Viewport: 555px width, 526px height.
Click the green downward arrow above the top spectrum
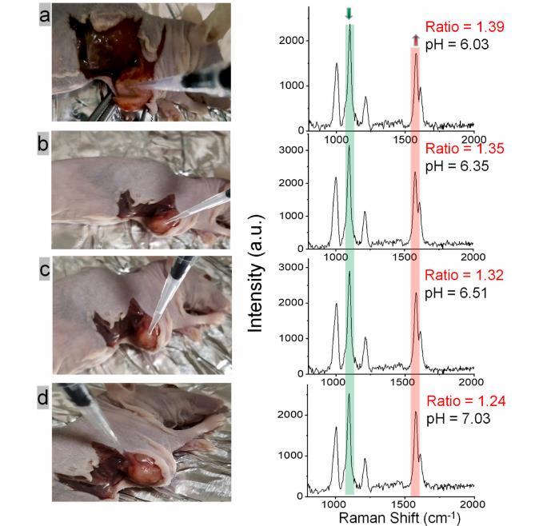click(x=349, y=14)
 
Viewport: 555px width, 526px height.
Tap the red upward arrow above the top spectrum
click(x=415, y=40)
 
